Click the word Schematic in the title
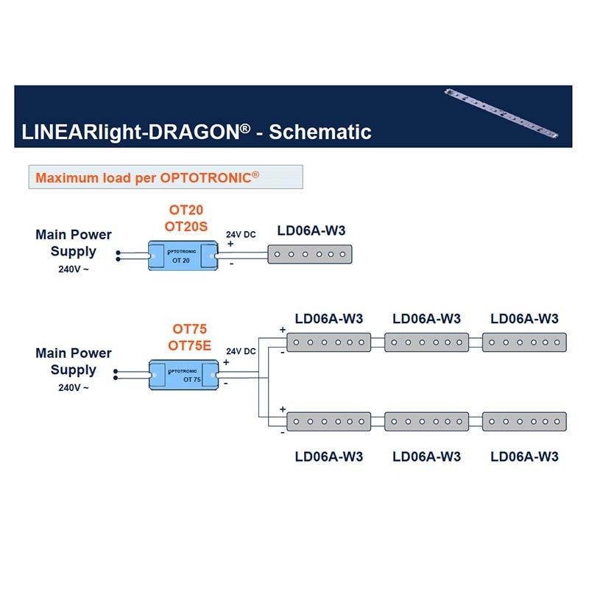click(320, 132)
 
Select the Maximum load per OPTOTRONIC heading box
click(166, 177)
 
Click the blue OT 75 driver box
click(184, 374)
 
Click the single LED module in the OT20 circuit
click(311, 255)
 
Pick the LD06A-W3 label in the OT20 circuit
click(311, 231)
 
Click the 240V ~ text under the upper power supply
click(74, 269)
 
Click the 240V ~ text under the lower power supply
click(74, 387)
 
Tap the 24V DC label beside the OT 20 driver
click(241, 234)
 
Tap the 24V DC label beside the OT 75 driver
click(241, 352)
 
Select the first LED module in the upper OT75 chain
click(328, 342)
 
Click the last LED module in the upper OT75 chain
click(524, 342)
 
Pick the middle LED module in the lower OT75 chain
click(426, 422)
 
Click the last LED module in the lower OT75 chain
click(524, 422)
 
